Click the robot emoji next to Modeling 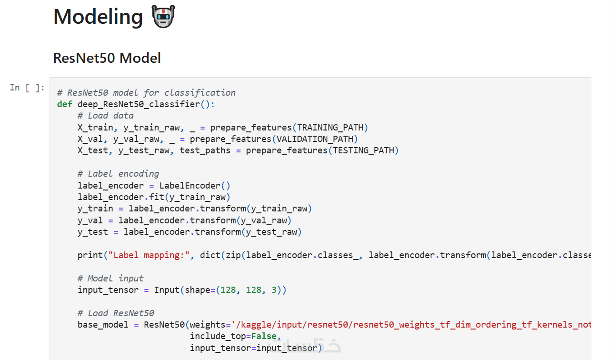(163, 16)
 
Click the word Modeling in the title (98, 17)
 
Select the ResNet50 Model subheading (107, 58)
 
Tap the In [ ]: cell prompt (27, 88)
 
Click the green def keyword (64, 104)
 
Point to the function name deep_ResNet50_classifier (139, 104)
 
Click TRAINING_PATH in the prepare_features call (330, 128)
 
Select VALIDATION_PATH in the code (315, 139)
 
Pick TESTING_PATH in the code (363, 150)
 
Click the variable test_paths (205, 150)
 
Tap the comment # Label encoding (118, 174)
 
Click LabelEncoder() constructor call (195, 185)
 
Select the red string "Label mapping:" (149, 255)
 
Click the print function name (90, 255)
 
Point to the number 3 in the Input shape (274, 290)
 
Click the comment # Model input (110, 279)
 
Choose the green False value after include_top (264, 336)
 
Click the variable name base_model (103, 325)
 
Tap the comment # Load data (106, 116)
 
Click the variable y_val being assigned (90, 220)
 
